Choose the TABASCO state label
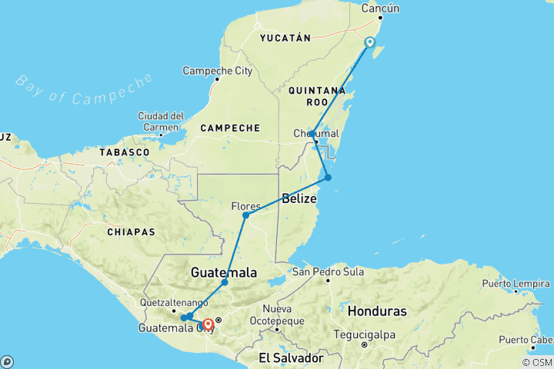(x=124, y=152)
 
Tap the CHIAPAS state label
(x=132, y=231)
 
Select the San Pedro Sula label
(x=328, y=271)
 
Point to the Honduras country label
(x=376, y=311)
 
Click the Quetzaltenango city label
(x=174, y=302)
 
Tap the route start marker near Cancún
(x=370, y=42)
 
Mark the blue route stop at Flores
(x=245, y=215)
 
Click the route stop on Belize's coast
(x=328, y=178)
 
